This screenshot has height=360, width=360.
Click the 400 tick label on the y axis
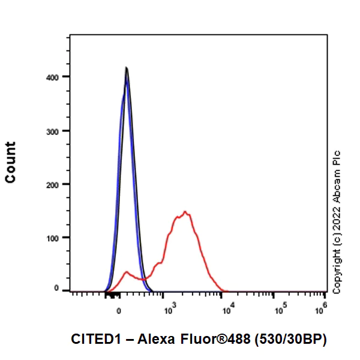pos(56,77)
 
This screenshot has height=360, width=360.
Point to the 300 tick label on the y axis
pos(56,130)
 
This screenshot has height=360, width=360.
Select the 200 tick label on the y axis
pos(56,184)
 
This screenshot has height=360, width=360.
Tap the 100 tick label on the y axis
pos(56,238)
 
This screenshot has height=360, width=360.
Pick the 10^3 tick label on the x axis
pos(169,309)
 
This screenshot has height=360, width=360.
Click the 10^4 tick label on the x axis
pos(228,309)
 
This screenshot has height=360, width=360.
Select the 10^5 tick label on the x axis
pos(280,309)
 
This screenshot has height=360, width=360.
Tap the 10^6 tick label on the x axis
pos(322,309)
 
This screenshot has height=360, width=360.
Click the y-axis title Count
pos(10,162)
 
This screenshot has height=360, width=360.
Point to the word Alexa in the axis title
pos(154,339)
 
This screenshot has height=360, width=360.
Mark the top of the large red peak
pos(185,212)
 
